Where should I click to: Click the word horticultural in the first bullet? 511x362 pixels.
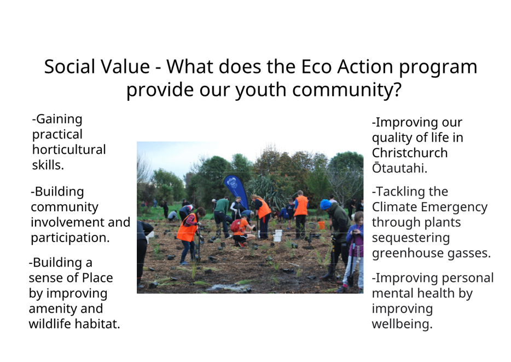(69, 150)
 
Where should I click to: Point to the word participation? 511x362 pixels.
(70, 238)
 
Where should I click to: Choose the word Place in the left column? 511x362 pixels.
(97, 278)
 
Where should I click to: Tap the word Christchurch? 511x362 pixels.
(410, 153)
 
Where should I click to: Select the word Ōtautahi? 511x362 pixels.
(399, 168)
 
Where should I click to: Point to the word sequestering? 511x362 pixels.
(411, 238)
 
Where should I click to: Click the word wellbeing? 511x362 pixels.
(402, 324)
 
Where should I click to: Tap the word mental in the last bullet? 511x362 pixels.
(391, 293)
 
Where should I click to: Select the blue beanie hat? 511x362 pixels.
(325, 204)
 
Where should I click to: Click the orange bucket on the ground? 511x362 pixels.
(321, 225)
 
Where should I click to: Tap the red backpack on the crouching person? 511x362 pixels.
(236, 225)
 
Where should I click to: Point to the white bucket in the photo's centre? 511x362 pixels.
(277, 235)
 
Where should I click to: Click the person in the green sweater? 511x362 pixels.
(222, 216)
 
